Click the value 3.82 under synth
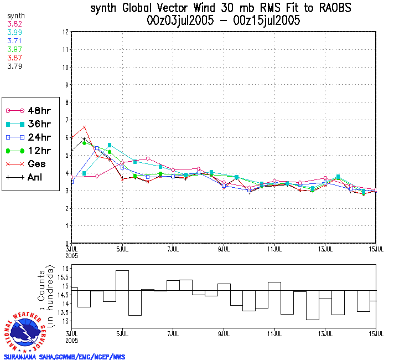(14, 25)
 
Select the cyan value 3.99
(14, 33)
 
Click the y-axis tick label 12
(65, 32)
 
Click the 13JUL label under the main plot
(325, 249)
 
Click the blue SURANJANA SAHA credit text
(65, 357)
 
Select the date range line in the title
(224, 21)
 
